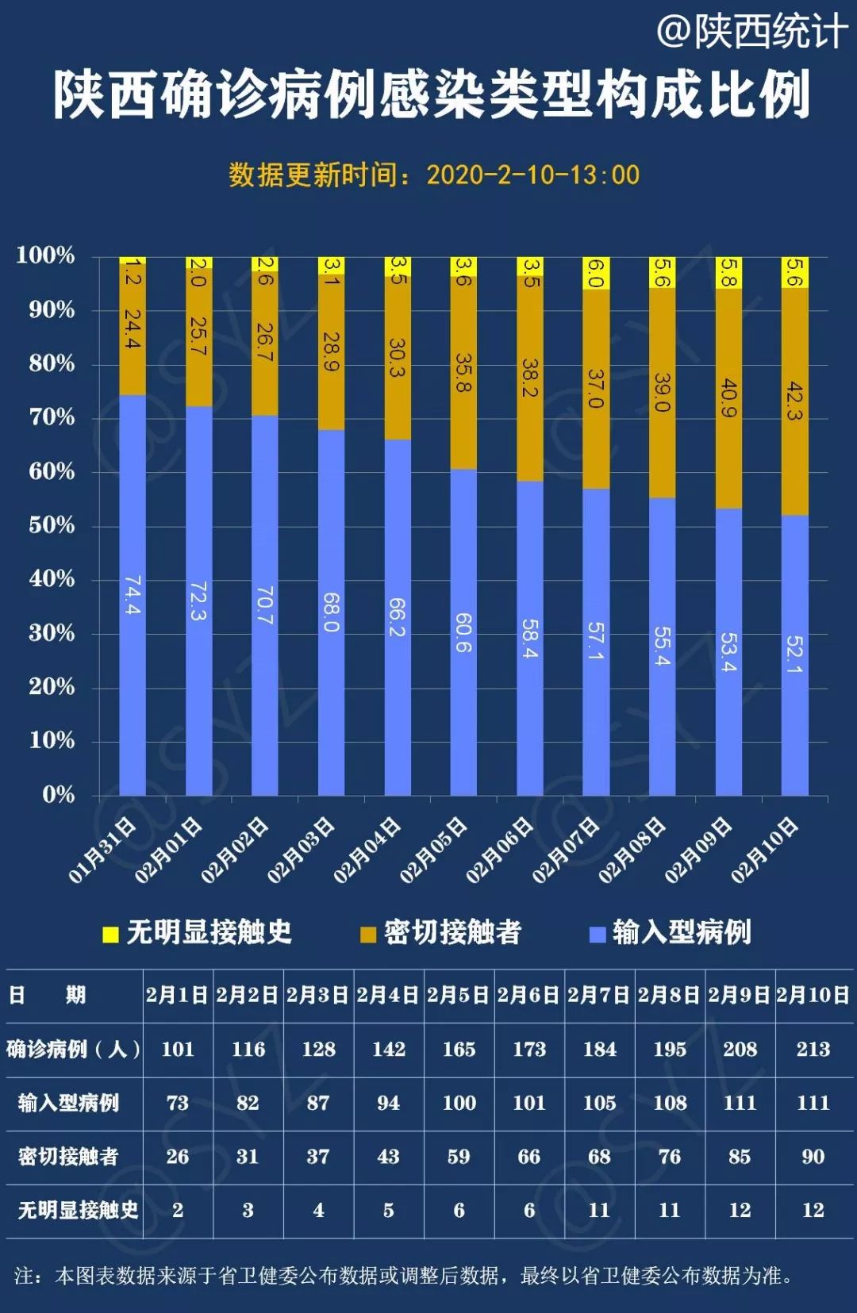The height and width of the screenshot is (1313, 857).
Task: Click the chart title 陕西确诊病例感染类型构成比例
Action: (431, 94)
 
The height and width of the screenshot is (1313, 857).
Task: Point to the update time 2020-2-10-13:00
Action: (532, 175)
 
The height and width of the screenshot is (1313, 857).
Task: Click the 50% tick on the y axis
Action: (52, 525)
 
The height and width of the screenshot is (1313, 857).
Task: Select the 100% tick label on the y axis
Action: (46, 255)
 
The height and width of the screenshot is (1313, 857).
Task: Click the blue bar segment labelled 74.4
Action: (133, 595)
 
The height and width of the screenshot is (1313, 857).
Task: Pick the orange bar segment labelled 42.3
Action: (794, 401)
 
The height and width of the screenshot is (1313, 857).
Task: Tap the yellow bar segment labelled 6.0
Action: (596, 273)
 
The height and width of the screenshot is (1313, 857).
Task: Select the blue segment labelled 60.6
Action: (463, 632)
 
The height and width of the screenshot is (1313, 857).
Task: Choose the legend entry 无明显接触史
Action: (198, 932)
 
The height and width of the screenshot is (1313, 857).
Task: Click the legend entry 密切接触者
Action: (441, 932)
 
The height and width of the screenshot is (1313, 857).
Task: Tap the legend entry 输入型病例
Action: (671, 932)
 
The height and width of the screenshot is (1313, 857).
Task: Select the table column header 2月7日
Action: (599, 995)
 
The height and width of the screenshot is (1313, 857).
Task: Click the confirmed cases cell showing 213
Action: (813, 1049)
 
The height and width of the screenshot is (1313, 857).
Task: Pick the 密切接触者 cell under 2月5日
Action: (459, 1157)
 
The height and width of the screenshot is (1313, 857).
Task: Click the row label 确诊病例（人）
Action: (73, 1049)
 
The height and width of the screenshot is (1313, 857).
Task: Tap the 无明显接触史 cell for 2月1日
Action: (178, 1211)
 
